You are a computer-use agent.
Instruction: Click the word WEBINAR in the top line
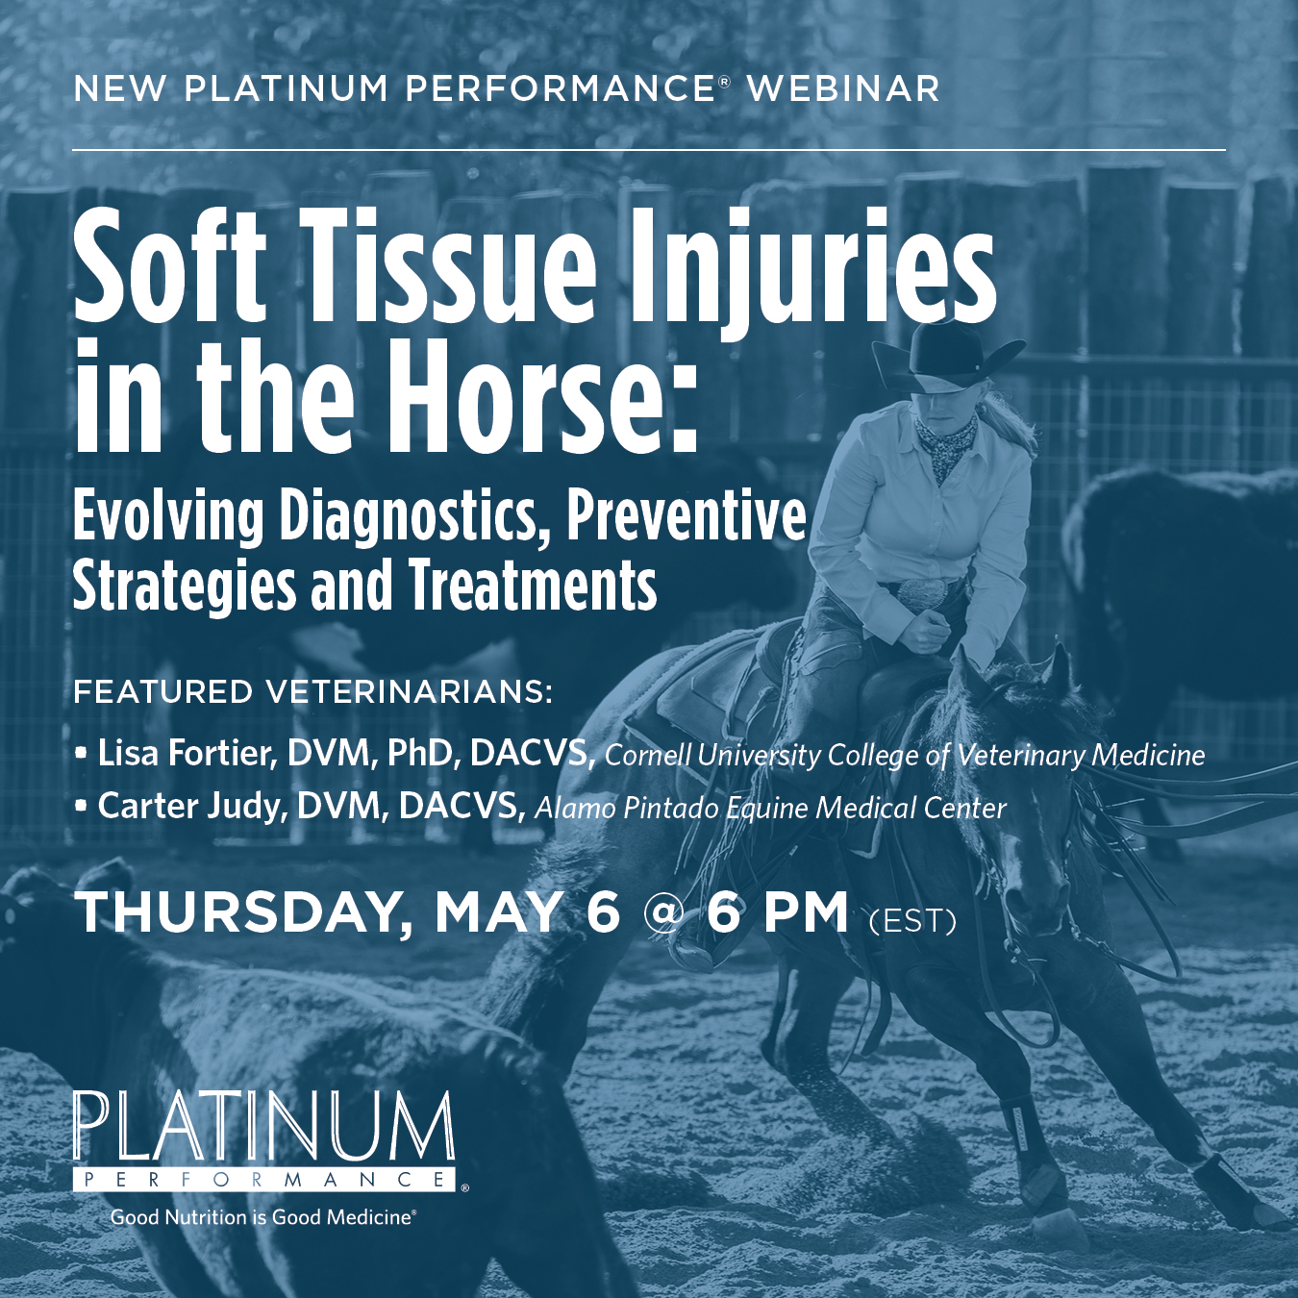[x=843, y=89]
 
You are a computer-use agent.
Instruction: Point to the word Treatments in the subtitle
[x=533, y=587]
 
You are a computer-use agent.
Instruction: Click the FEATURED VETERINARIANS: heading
[x=313, y=692]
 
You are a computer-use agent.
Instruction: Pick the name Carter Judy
[x=192, y=807]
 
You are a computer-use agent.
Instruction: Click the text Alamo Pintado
[x=626, y=809]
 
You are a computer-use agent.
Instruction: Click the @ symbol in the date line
[x=662, y=912]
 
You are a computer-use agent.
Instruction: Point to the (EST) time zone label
[x=911, y=921]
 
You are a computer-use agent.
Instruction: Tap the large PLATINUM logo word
[x=263, y=1127]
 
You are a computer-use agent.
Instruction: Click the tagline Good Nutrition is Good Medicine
[x=262, y=1217]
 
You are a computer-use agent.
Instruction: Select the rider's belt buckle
[x=921, y=592]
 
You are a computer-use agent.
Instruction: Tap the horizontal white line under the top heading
[x=649, y=150]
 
